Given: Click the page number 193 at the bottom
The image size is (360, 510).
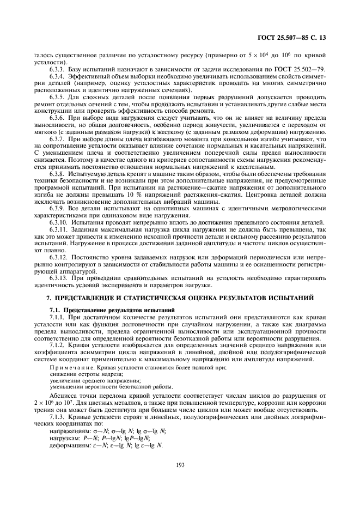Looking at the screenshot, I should pyautogui.click(x=180, y=464).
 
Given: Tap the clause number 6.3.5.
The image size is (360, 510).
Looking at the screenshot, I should pyautogui.click(x=57, y=96).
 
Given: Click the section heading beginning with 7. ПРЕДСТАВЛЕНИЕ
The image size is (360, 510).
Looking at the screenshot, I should pyautogui.click(x=180, y=297).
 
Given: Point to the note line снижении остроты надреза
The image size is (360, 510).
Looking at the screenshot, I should pyautogui.click(x=78, y=375).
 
